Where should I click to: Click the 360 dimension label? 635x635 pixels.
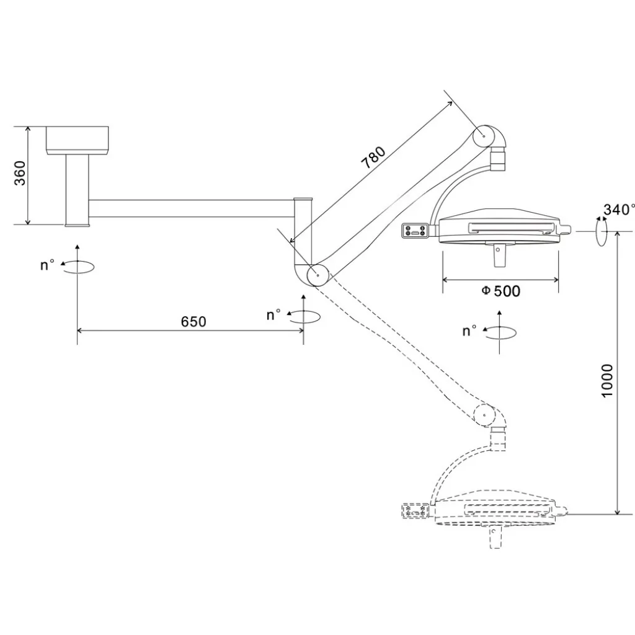(19, 173)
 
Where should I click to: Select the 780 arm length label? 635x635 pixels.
(373, 157)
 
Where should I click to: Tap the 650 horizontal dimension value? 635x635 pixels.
(193, 322)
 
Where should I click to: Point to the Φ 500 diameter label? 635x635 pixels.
(500, 291)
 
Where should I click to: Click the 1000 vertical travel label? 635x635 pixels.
(607, 381)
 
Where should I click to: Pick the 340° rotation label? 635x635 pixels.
(619, 210)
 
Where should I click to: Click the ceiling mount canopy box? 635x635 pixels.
(77, 141)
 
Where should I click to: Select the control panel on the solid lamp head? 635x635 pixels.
(415, 231)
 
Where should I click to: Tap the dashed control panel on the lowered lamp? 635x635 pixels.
(415, 511)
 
